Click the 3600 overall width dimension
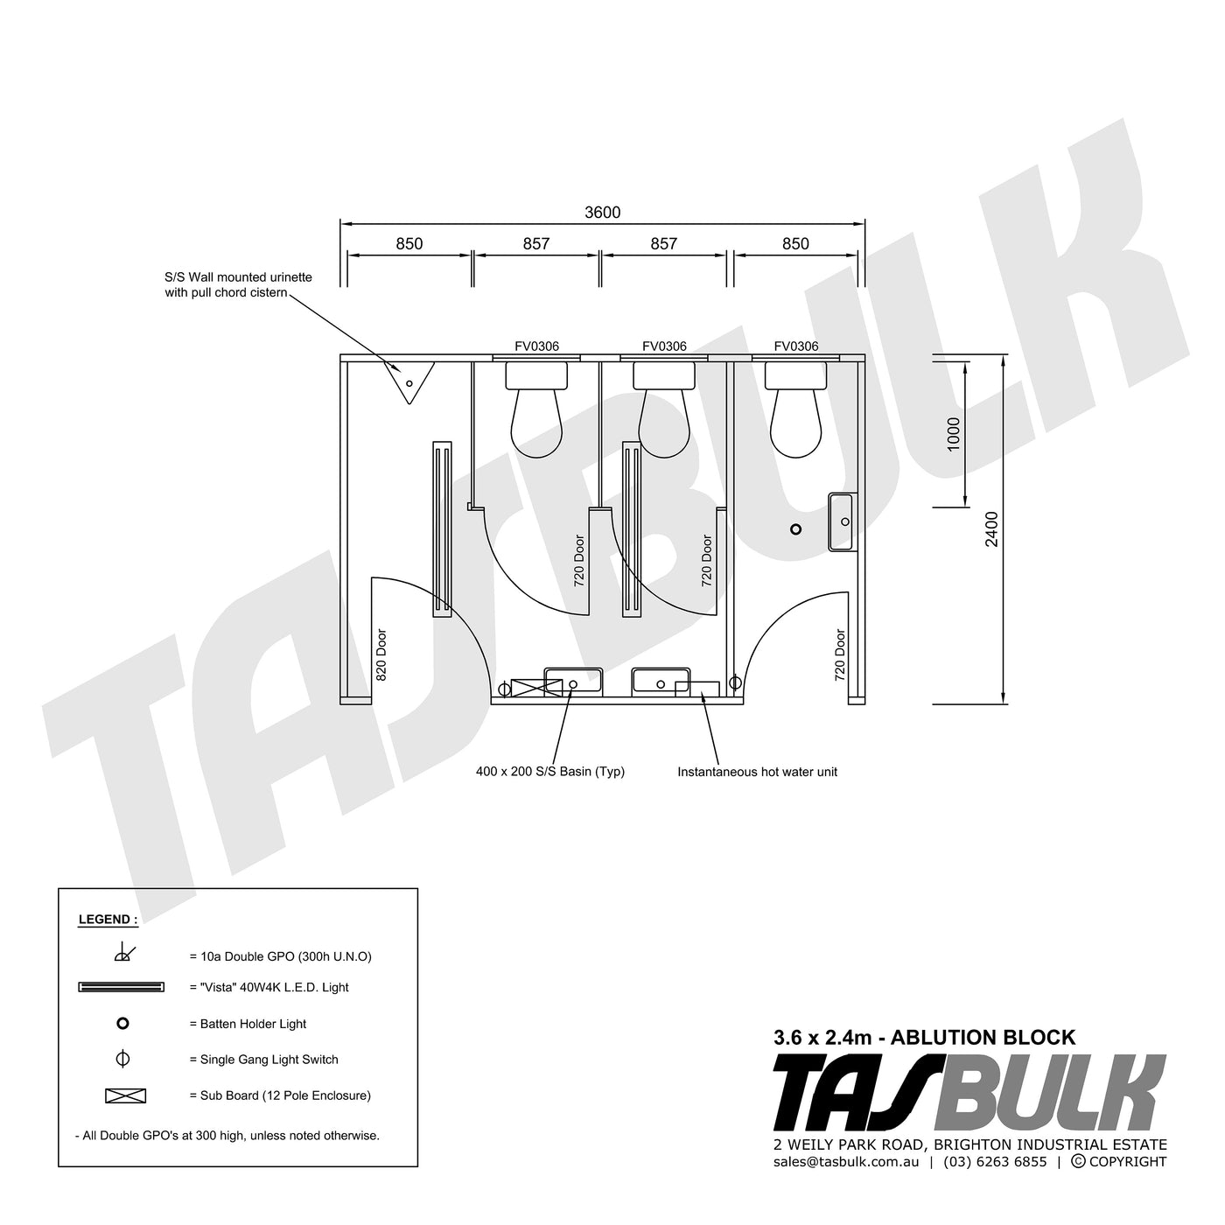pos(602,213)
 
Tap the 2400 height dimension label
pos(991,528)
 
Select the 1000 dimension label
pos(954,433)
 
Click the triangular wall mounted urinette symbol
pos(409,381)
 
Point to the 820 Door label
pos(381,654)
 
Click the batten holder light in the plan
pos(795,528)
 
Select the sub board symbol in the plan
pos(535,687)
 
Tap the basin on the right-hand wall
pos(842,521)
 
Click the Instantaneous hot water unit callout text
pos(757,772)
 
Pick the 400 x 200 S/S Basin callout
pos(550,772)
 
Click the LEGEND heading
pos(108,920)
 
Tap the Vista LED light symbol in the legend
pos(122,987)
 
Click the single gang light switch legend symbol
pos(122,1059)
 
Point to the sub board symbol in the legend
pos(125,1095)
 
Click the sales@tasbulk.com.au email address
pos(846,1162)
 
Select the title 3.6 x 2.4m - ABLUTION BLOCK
pos(924,1038)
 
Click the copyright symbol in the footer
pos(1078,1162)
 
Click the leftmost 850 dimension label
pos(409,244)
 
